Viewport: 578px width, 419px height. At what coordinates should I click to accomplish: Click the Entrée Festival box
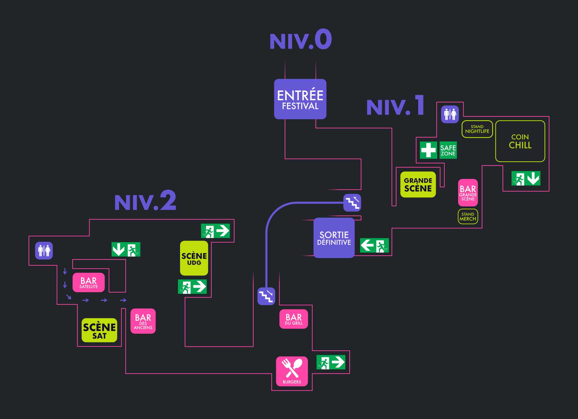pyautogui.click(x=300, y=99)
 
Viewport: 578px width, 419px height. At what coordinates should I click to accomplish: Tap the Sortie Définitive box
pyautogui.click(x=334, y=238)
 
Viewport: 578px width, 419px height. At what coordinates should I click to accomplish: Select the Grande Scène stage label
pyautogui.click(x=418, y=185)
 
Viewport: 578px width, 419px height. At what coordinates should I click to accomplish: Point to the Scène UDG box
pyautogui.click(x=194, y=258)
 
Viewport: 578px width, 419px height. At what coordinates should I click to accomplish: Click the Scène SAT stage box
pyautogui.click(x=99, y=330)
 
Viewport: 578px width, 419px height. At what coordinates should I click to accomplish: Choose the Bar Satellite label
pyautogui.click(x=88, y=282)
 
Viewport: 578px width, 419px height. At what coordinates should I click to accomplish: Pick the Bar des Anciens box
pyautogui.click(x=143, y=321)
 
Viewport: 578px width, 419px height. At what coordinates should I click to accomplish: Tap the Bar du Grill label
pyautogui.click(x=293, y=319)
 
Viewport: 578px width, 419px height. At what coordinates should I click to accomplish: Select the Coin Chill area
pyautogui.click(x=520, y=141)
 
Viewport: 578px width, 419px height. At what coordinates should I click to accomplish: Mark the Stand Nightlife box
pyautogui.click(x=477, y=129)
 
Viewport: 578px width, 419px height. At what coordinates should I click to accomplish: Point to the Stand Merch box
pyautogui.click(x=468, y=216)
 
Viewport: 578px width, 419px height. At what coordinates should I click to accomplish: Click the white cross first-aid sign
pyautogui.click(x=428, y=150)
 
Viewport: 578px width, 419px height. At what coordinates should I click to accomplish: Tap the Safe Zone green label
pyautogui.click(x=448, y=150)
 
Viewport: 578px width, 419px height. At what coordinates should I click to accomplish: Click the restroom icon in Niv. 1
pyautogui.click(x=450, y=114)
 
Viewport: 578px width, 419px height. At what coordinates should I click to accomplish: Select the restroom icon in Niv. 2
pyautogui.click(x=44, y=251)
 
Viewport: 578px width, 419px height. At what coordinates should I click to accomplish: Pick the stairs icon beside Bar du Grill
pyautogui.click(x=266, y=296)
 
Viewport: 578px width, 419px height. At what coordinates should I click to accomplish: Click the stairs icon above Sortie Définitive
pyautogui.click(x=352, y=203)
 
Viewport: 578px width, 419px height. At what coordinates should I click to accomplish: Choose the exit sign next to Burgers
pyautogui.click(x=331, y=362)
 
